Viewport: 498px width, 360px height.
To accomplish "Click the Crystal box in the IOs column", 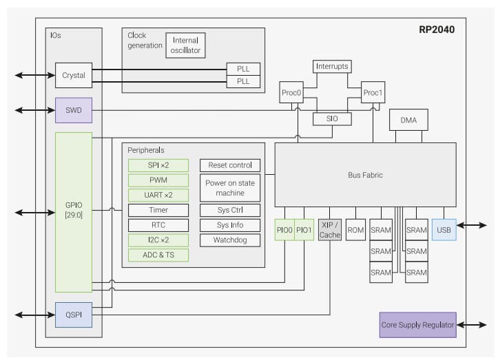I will pos(74,75).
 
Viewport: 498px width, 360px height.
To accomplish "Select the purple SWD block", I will pos(74,110).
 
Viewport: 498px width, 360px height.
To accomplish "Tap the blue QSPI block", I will pos(74,315).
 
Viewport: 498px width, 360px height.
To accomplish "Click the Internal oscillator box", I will pos(185,45).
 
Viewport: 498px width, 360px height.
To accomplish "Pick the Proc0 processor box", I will pos(291,92).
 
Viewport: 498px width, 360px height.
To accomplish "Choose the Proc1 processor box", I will pos(373,92).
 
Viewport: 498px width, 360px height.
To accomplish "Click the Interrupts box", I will pos(332,67).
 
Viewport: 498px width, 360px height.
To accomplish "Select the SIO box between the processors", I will pos(332,119).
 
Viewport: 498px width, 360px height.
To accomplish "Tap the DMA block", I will pos(408,120).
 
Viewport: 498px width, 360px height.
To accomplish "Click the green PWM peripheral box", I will pos(158,180).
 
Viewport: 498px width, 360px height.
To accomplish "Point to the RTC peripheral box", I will pos(158,225).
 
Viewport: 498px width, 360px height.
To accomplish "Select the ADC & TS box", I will pos(158,255).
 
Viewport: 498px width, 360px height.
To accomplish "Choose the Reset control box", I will pos(230,165).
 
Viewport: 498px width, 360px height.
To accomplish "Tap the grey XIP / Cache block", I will pos(330,230).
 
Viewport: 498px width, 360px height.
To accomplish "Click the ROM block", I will pos(355,230).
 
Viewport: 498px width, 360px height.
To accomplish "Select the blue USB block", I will pos(444,230).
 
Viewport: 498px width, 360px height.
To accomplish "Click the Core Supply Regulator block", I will pos(417,324).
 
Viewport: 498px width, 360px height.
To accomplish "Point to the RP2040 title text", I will pos(437,30).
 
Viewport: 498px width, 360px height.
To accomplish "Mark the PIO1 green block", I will pos(304,230).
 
